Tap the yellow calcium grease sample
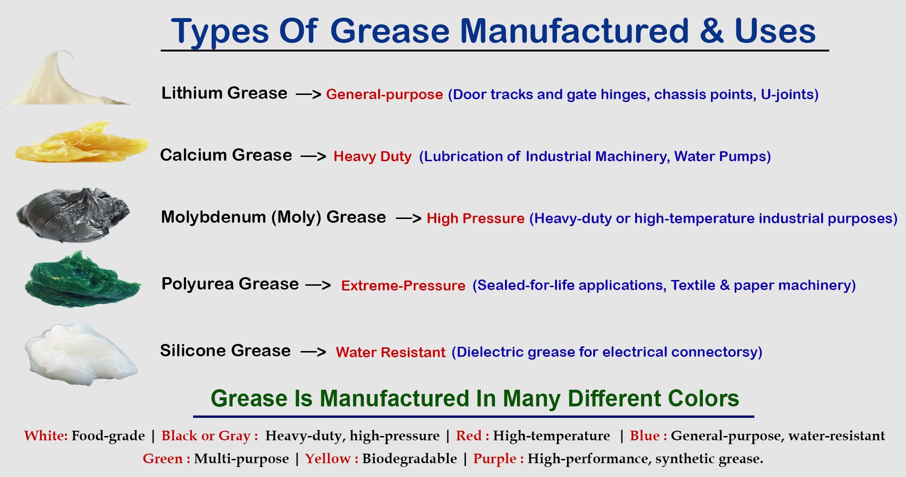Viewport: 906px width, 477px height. coord(81,143)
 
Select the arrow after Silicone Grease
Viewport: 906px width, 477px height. coord(313,353)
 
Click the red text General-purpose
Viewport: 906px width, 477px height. coord(384,94)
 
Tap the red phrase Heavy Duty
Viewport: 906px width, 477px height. coord(372,156)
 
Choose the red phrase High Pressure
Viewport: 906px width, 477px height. coord(475,218)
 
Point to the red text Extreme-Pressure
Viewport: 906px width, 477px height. coord(403,286)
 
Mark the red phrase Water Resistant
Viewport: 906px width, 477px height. coord(390,353)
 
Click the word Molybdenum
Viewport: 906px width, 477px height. coord(213,218)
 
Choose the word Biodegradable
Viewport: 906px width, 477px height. coord(409,459)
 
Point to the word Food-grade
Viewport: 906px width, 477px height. coord(108,436)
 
